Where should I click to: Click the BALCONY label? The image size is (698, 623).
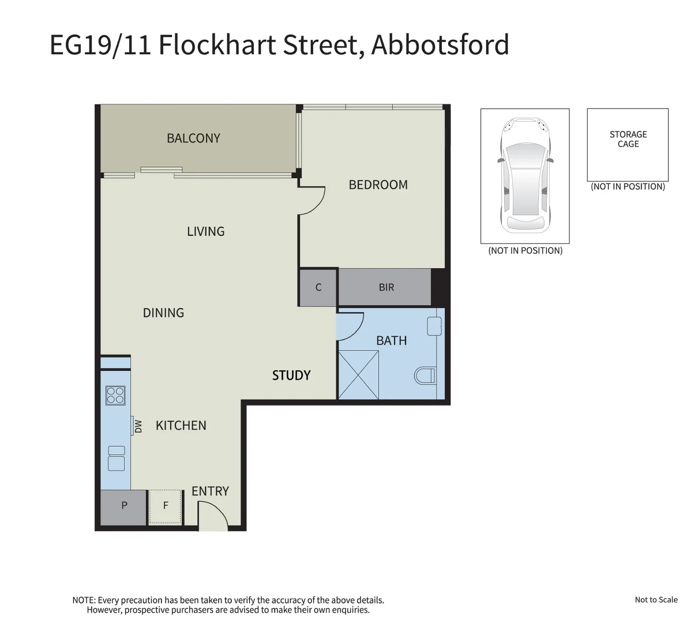pyautogui.click(x=193, y=138)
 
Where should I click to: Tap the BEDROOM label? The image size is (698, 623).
pyautogui.click(x=378, y=185)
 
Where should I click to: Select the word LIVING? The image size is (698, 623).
pyautogui.click(x=205, y=231)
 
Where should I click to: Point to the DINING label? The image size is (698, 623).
pyautogui.click(x=163, y=313)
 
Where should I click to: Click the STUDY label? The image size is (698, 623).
pyautogui.click(x=291, y=376)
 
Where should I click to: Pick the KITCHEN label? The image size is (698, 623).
pyautogui.click(x=181, y=426)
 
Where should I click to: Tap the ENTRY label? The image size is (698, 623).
pyautogui.click(x=210, y=491)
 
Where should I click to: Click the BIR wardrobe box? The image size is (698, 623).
pyautogui.click(x=385, y=287)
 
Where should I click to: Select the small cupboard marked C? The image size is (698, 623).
pyautogui.click(x=318, y=287)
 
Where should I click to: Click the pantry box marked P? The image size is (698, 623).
pyautogui.click(x=124, y=506)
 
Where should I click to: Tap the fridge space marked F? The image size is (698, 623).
pyautogui.click(x=166, y=506)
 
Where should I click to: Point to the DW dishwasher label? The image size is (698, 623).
pyautogui.click(x=138, y=426)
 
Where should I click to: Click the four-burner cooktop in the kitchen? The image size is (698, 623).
pyautogui.click(x=115, y=395)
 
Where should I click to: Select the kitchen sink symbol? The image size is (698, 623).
pyautogui.click(x=117, y=459)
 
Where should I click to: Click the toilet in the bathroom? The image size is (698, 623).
pyautogui.click(x=426, y=376)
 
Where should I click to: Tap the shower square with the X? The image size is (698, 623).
pyautogui.click(x=359, y=376)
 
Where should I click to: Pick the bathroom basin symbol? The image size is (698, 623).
pyautogui.click(x=434, y=326)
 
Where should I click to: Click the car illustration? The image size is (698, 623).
pyautogui.click(x=525, y=175)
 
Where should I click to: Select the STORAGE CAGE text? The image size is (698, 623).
pyautogui.click(x=628, y=139)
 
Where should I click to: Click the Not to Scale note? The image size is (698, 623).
pyautogui.click(x=656, y=600)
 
